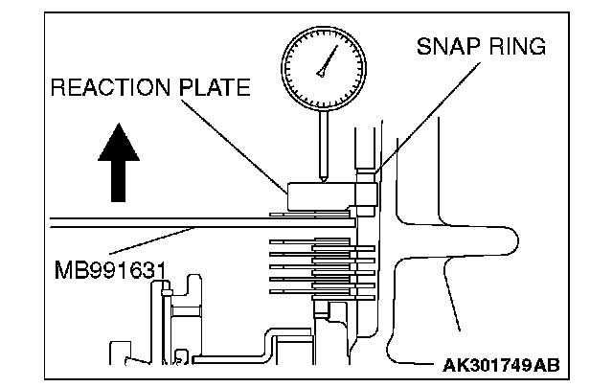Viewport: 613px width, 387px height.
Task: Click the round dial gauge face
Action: pos(326,65)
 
